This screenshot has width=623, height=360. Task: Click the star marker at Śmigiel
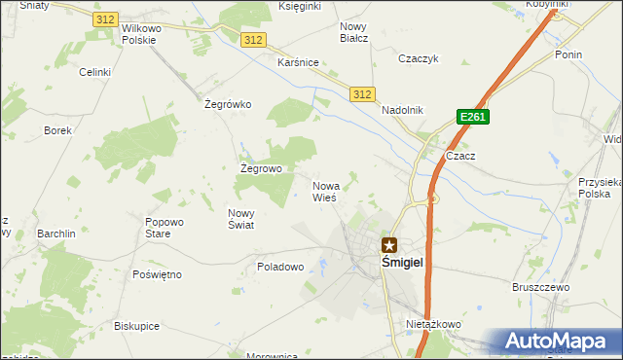point(389,245)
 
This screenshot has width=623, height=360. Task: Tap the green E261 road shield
point(472,117)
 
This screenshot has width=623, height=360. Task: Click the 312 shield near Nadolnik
point(361,93)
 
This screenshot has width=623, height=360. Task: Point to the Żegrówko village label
point(229,104)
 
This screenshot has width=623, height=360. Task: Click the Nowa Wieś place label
point(325,191)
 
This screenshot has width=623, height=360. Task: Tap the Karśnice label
point(298,62)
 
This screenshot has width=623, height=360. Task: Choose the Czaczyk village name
point(420,58)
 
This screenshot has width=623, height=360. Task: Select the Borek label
point(58,129)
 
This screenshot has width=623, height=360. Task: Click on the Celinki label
point(95,72)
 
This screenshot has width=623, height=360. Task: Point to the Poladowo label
point(281,266)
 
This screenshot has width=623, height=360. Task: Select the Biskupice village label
point(136,326)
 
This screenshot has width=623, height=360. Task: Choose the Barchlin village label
point(56,234)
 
